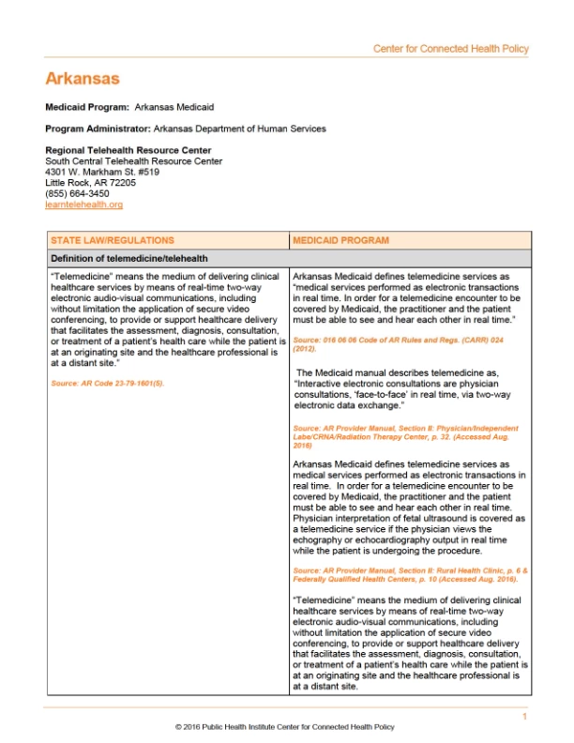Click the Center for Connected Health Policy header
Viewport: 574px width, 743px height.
tap(450, 49)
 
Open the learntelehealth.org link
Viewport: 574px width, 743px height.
tap(83, 205)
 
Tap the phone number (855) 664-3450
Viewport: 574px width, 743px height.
tap(78, 193)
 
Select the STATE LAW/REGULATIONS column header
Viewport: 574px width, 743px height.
tap(112, 241)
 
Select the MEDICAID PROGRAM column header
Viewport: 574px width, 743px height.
tap(340, 241)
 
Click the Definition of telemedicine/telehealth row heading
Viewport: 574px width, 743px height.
tap(128, 258)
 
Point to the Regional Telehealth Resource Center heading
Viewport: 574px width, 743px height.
tap(128, 150)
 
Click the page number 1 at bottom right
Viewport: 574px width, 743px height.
tap(525, 717)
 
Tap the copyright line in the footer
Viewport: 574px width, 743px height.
tap(285, 727)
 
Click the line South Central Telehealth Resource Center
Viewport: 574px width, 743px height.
tap(133, 161)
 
